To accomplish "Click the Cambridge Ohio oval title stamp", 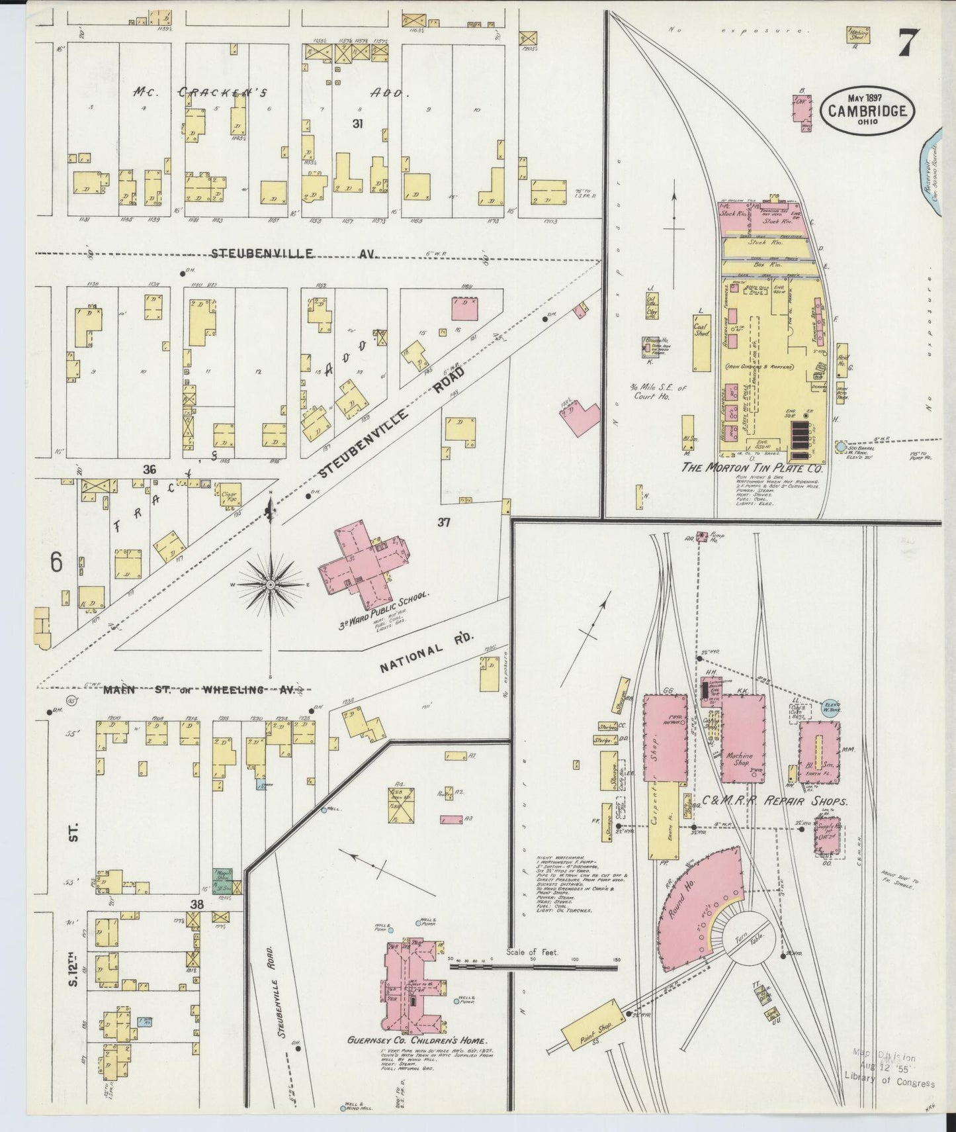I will click(x=867, y=111).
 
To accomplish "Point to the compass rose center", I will click(x=271, y=586).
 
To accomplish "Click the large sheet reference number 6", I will click(x=56, y=563).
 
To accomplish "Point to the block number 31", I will click(x=358, y=123).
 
